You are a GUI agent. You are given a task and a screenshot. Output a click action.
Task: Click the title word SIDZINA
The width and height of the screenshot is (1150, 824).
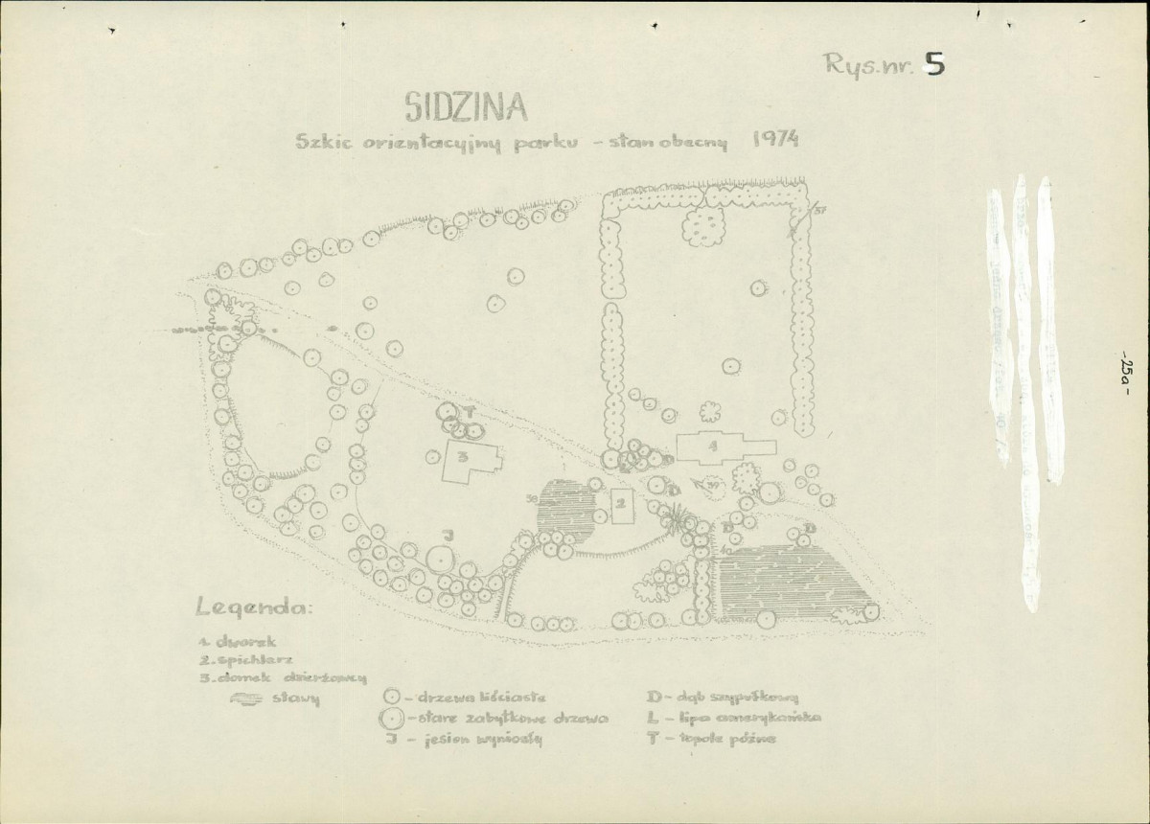click(x=459, y=106)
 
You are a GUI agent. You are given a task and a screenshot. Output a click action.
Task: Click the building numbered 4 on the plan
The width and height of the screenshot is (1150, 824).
click(x=714, y=447)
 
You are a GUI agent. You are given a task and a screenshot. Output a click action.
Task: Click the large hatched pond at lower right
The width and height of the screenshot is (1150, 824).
click(x=791, y=580)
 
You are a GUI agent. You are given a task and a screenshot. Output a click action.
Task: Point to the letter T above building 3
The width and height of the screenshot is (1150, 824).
click(x=471, y=410)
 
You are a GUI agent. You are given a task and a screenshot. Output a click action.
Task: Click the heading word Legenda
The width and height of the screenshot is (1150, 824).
click(x=253, y=607)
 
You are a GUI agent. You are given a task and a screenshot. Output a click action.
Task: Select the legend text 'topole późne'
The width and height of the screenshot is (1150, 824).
click(x=738, y=740)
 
